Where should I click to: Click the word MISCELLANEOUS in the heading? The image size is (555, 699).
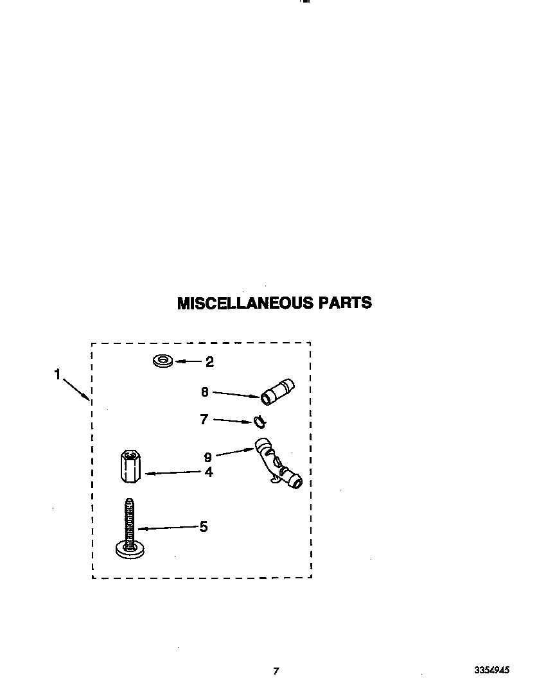click(245, 303)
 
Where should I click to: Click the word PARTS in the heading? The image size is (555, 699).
click(345, 303)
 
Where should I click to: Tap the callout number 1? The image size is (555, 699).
click(57, 374)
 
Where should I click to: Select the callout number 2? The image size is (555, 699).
click(209, 362)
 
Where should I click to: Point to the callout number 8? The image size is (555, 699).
click(205, 392)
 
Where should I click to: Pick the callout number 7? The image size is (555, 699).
click(204, 419)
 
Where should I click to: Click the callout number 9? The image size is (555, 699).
click(207, 457)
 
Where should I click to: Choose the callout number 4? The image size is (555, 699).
click(209, 472)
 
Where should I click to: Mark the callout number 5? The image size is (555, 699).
click(204, 527)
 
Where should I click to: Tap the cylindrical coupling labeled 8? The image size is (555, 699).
click(277, 392)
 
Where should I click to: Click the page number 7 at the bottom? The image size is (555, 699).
click(276, 671)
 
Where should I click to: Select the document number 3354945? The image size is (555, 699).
click(492, 669)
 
